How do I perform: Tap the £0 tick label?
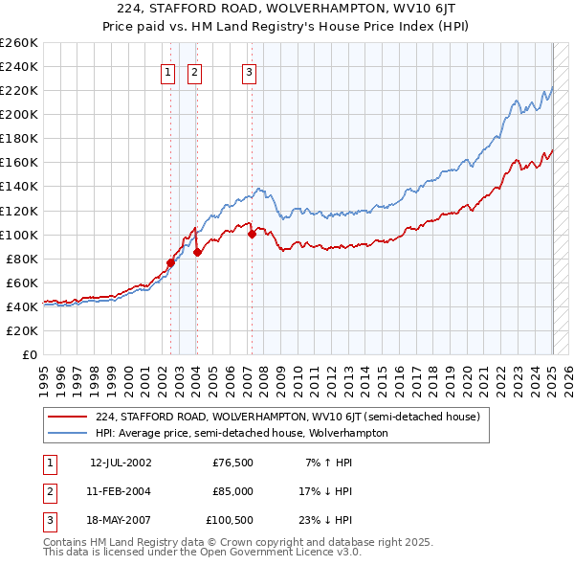(30, 354)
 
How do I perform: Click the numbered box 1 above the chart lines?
(168, 72)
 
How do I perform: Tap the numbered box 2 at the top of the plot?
(194, 72)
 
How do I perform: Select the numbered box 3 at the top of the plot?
(250, 72)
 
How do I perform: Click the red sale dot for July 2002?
(170, 262)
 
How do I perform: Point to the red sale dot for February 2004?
(197, 253)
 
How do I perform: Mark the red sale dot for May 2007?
(252, 234)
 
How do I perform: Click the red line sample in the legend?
(68, 417)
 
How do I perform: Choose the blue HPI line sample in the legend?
(68, 433)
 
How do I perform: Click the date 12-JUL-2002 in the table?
(121, 463)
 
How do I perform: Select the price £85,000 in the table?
(232, 491)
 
